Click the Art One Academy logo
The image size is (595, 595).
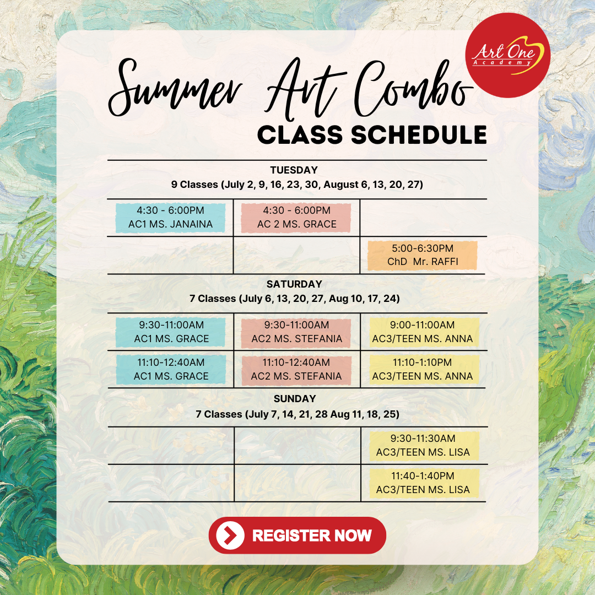point(507,55)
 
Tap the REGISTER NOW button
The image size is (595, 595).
point(297,535)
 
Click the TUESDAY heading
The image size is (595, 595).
point(294,170)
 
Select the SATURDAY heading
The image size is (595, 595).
point(294,284)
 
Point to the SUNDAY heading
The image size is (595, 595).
point(295,398)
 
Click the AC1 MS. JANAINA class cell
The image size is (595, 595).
point(171,218)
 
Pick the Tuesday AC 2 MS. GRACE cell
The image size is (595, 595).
point(296,218)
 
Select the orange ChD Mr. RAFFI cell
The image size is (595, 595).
point(423,255)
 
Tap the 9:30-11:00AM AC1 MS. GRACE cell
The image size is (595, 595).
point(171,332)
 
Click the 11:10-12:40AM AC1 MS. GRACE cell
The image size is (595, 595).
point(171,370)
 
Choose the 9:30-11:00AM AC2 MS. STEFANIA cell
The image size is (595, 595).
point(296,332)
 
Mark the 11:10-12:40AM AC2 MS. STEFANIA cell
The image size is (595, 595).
point(296,370)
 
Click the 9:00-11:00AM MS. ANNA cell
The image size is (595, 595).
point(423,332)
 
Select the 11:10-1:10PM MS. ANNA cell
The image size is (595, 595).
point(423,370)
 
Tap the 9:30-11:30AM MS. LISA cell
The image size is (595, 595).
point(423,446)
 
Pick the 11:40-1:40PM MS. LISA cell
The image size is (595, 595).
point(423,483)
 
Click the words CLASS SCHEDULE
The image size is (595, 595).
point(372,135)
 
